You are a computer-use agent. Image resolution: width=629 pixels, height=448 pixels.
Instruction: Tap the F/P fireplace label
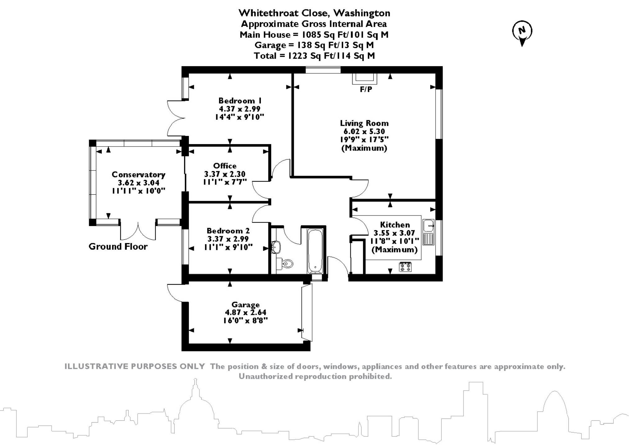pyautogui.click(x=366, y=90)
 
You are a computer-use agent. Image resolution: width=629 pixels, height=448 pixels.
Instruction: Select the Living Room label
pyautogui.click(x=364, y=123)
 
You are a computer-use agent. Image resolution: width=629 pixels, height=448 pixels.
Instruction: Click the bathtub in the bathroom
pyautogui.click(x=315, y=251)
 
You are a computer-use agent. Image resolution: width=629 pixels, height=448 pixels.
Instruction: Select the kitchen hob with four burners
pyautogui.click(x=405, y=267)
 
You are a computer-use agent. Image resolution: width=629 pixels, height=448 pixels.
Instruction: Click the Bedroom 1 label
pyautogui.click(x=240, y=101)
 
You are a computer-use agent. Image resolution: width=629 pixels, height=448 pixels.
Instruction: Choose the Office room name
pyautogui.click(x=225, y=166)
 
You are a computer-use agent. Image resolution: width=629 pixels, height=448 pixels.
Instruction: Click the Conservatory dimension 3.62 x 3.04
pyautogui.click(x=138, y=183)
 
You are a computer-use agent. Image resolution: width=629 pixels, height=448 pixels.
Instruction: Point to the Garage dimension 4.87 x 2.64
pyautogui.click(x=245, y=312)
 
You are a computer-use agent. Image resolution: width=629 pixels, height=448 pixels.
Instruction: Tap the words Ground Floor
pyautogui.click(x=118, y=247)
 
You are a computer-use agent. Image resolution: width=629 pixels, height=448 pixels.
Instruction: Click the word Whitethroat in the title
pyautogui.click(x=265, y=13)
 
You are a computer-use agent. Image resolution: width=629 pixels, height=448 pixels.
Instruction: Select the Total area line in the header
pyautogui.click(x=314, y=56)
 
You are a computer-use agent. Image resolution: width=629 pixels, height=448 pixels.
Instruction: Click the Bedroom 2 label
pyautogui.click(x=228, y=231)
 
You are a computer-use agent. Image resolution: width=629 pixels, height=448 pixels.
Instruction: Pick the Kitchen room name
pyautogui.click(x=395, y=225)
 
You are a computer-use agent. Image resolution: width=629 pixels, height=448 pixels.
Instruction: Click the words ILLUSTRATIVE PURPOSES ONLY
pyautogui.click(x=134, y=366)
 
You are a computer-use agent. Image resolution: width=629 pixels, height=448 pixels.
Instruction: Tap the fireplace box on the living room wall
pyautogui.click(x=365, y=79)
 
